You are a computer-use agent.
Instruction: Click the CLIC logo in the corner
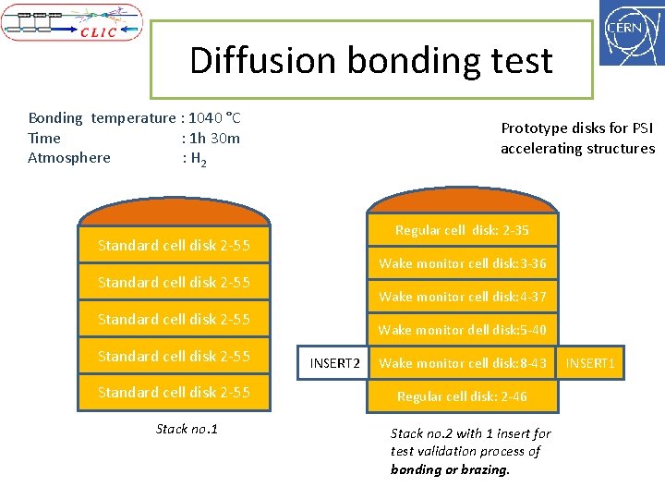(x=72, y=22)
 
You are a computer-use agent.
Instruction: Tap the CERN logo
(x=632, y=32)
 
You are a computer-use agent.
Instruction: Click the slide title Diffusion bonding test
(x=370, y=61)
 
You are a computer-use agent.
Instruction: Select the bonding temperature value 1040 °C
(x=215, y=118)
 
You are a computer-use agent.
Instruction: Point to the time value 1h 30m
(x=214, y=138)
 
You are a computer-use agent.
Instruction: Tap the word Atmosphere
(x=69, y=158)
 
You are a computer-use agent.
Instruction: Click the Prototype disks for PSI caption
(x=577, y=139)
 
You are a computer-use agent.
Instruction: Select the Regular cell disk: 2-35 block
(x=462, y=230)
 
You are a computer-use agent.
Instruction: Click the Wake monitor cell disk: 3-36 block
(x=462, y=263)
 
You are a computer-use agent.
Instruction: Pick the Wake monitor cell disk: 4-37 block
(x=462, y=297)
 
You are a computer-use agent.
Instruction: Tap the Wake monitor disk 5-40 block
(x=462, y=330)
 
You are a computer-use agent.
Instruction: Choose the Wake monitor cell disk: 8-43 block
(x=462, y=363)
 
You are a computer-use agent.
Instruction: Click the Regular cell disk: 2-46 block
(x=462, y=396)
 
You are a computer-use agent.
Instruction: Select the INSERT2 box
(x=334, y=363)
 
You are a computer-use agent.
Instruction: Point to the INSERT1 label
(x=590, y=363)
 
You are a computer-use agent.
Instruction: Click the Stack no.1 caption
(x=187, y=429)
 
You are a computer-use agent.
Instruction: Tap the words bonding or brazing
(x=450, y=469)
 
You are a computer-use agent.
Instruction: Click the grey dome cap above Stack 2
(x=462, y=202)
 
